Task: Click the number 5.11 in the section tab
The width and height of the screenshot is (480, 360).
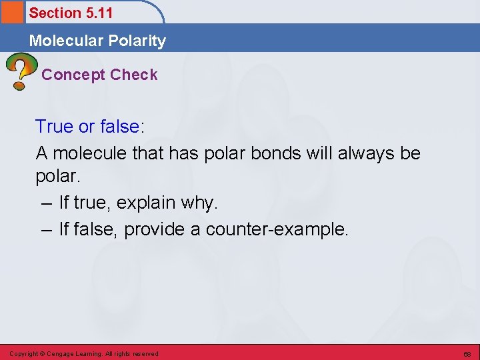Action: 97,13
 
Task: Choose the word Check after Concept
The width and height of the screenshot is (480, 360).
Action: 135,75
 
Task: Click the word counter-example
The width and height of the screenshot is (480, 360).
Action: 277,229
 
